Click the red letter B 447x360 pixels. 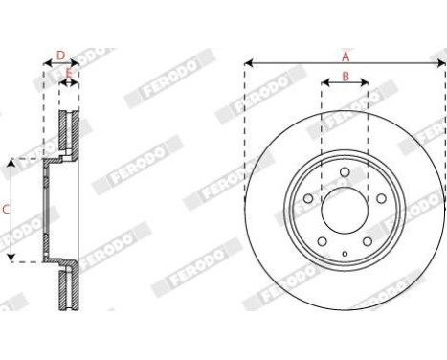345,76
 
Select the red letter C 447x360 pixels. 7,208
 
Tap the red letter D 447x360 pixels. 59,56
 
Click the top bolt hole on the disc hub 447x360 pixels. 345,172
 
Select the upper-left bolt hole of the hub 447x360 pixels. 310,200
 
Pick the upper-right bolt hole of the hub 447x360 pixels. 380,200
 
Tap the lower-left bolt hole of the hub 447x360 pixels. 324,239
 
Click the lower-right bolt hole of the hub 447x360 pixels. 366,239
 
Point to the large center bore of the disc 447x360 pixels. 345,209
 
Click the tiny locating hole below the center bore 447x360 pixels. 345,254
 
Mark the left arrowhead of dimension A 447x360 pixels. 248,63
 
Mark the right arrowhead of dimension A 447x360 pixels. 443,63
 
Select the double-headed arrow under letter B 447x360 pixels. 345,84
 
